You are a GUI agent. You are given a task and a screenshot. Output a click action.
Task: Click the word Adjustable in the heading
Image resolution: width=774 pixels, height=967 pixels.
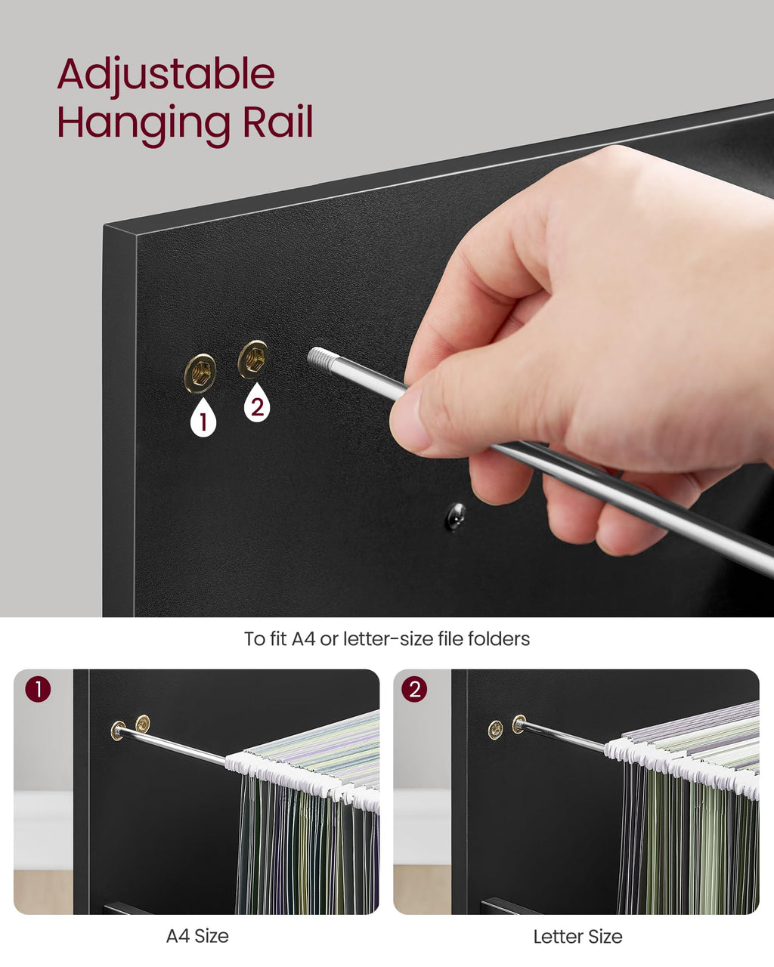166,75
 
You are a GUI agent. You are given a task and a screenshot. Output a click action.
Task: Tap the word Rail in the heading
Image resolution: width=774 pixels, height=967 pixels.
278,122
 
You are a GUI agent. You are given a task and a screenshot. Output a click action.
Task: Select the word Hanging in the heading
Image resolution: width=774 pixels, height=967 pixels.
144,126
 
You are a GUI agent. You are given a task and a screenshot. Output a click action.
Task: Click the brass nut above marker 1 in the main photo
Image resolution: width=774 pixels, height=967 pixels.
200,373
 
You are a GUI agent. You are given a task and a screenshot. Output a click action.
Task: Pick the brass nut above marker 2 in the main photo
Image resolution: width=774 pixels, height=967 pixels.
252,360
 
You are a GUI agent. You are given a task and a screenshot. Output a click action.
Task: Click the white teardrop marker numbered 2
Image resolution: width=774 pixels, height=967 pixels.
257,403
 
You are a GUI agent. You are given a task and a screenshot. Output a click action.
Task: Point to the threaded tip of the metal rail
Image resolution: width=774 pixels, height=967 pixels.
320,360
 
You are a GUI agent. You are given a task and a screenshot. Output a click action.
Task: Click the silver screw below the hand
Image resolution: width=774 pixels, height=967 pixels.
456,516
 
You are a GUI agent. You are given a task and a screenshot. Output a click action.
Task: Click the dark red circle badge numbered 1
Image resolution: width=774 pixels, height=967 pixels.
38,690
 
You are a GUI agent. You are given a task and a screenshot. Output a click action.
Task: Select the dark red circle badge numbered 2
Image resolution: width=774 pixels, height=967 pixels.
414,690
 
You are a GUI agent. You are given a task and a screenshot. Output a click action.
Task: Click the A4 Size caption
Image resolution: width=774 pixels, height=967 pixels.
197,937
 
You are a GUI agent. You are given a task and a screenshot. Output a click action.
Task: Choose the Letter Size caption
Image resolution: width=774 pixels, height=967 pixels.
578,937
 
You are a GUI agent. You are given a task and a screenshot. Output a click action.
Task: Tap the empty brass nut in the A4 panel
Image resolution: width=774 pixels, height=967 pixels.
143,724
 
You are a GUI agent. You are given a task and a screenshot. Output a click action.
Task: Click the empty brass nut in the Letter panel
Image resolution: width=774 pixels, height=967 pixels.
496,731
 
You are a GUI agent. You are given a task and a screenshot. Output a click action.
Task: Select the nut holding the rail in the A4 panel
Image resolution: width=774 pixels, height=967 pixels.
118,731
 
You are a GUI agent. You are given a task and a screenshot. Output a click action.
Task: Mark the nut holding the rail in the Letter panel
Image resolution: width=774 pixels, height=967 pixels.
519,724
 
